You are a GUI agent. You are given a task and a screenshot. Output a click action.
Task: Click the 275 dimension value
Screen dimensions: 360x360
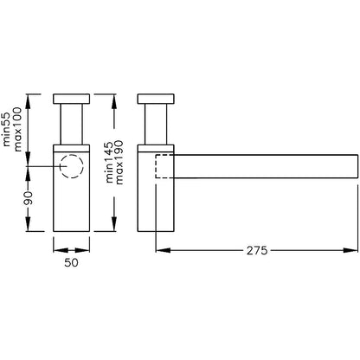click(257, 250)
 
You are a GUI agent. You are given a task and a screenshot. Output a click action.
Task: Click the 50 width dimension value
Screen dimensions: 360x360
click(71, 262)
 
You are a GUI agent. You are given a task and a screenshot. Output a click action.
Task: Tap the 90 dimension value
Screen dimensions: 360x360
click(29, 197)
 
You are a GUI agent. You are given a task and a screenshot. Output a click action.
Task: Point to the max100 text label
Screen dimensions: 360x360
click(17, 129)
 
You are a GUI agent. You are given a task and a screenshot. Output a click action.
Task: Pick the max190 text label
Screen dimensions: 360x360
click(119, 162)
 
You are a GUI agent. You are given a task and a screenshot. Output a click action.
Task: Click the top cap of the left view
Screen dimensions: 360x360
click(72, 99)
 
